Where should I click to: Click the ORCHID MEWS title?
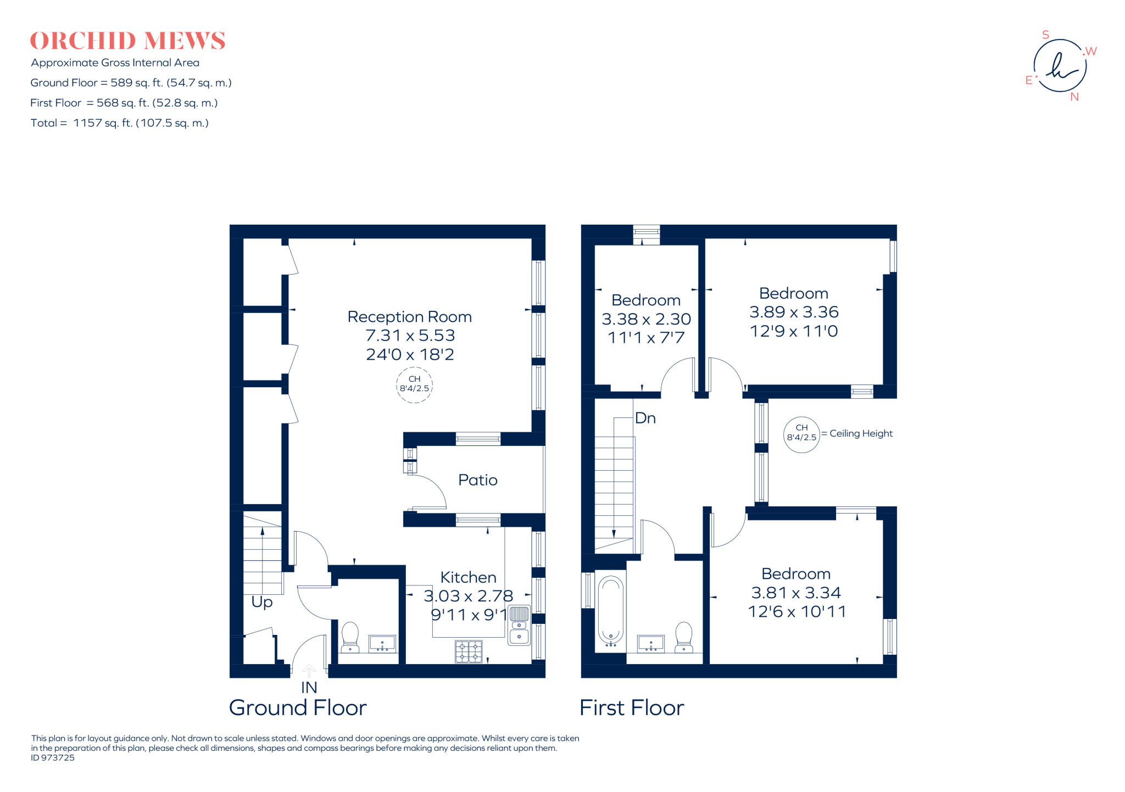tap(127, 41)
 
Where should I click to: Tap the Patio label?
tap(477, 480)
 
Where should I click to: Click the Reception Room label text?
tap(409, 317)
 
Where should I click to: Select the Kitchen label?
tap(468, 577)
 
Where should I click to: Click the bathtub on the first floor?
tap(610, 610)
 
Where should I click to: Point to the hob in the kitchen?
tap(469, 651)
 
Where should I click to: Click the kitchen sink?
tap(519, 626)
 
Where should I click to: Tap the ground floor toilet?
tap(350, 637)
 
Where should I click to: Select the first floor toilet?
tap(684, 637)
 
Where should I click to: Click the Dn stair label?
tap(645, 419)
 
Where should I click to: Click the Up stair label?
tap(261, 602)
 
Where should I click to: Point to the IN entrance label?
tap(309, 687)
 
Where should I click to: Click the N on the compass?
tap(1074, 97)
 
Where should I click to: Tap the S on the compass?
tap(1045, 35)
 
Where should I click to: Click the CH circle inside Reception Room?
tap(414, 384)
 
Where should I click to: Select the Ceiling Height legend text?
tap(861, 433)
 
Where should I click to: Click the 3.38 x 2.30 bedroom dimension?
tap(646, 319)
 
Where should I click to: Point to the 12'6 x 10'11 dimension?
tap(797, 611)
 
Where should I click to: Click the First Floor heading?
tap(632, 708)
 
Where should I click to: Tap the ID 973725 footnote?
tap(53, 758)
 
